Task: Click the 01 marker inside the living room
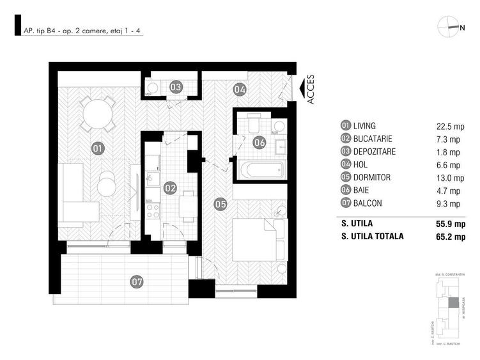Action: coord(98,148)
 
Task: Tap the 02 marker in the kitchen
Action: coord(170,188)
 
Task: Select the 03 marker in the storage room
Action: coord(175,86)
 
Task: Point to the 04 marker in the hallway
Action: coord(239,89)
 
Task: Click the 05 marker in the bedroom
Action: coord(221,205)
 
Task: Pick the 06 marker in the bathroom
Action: coord(259,143)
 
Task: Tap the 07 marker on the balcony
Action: coord(136,280)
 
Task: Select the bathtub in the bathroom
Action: coord(261,169)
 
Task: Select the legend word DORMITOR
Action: coord(371,177)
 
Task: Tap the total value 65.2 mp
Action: coord(445,236)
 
